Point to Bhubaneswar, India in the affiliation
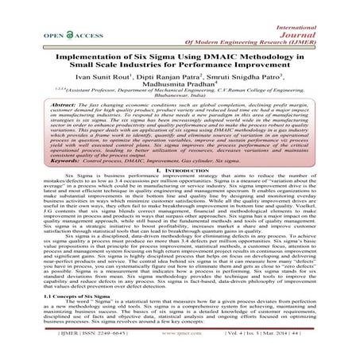pyautogui.click(x=180, y=94)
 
